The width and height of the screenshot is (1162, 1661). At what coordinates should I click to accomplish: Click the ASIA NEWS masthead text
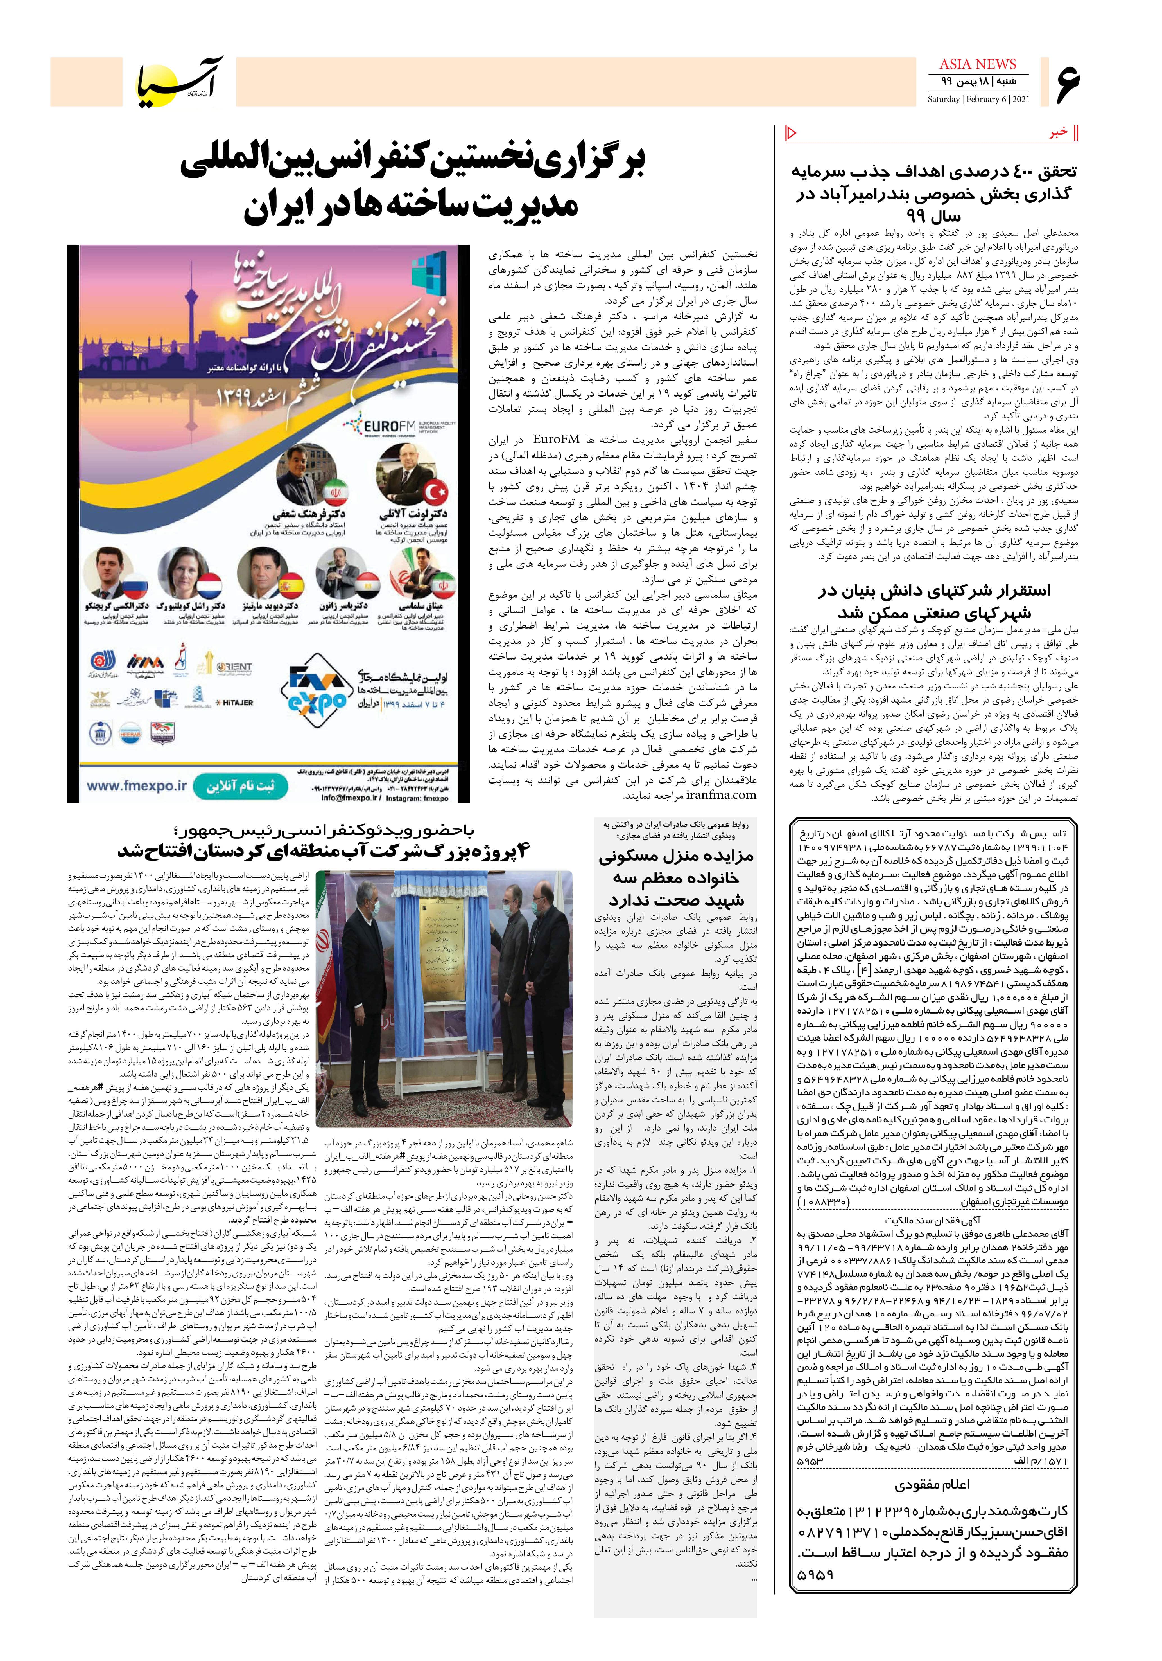978,64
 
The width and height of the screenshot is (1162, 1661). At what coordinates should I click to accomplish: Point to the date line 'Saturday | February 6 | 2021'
978,99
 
